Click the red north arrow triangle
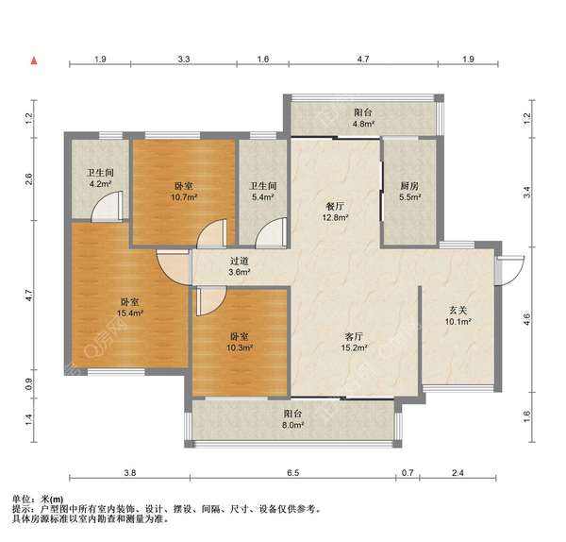[34, 60]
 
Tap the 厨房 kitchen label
[409, 186]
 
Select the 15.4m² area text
[130, 313]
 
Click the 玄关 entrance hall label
[458, 310]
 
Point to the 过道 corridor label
[240, 261]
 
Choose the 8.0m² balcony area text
[292, 425]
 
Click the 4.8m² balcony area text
[363, 125]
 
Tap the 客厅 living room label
[354, 337]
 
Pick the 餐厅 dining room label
[335, 207]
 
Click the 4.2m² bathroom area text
[100, 184]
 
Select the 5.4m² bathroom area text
[263, 197]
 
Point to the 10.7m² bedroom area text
[184, 197]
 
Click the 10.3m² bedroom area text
[239, 347]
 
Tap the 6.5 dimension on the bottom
[293, 473]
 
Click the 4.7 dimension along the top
[363, 59]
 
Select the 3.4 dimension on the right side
[527, 193]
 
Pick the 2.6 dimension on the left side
[29, 179]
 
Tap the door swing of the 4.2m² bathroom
[107, 206]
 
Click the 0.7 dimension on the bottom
[408, 473]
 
